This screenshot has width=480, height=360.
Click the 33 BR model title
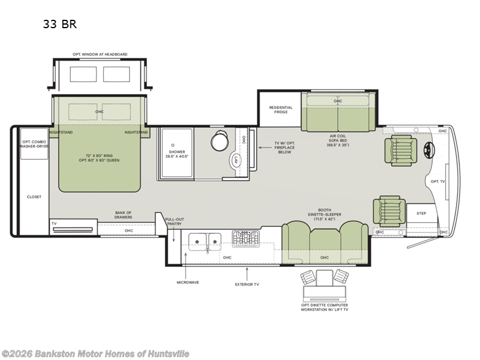59,24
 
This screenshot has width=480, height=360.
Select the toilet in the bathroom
220,140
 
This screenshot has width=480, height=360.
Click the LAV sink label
236,160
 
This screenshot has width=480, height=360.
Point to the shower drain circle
173,145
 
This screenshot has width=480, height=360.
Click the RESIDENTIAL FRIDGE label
281,110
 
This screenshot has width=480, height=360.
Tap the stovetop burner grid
245,239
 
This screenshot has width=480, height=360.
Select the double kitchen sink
205,242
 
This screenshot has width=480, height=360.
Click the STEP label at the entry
421,214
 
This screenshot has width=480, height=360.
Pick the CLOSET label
34,197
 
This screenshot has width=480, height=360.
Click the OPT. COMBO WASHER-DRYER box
34,144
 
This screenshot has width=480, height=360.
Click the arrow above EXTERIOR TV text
247,274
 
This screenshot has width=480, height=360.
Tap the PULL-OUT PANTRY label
175,221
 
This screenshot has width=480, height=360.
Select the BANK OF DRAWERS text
124,215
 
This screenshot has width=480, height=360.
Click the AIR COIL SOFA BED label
338,140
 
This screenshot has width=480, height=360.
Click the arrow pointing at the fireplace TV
265,148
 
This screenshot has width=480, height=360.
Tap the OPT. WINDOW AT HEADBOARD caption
100,55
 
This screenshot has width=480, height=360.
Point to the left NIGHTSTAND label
61,133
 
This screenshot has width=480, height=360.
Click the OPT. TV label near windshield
438,182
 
